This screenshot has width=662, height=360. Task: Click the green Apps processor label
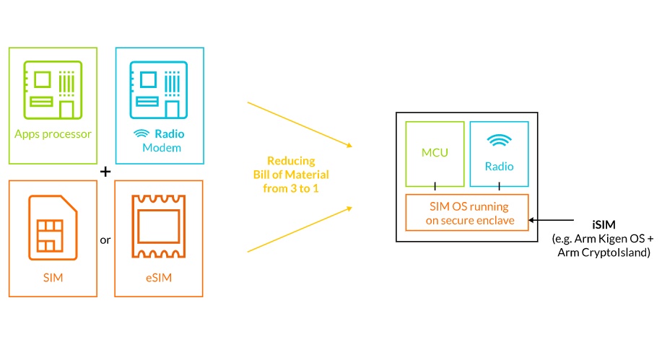point(53,134)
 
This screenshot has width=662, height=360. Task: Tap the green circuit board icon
point(53,90)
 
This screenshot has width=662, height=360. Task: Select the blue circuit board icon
point(159,90)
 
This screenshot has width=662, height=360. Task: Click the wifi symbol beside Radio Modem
point(141,133)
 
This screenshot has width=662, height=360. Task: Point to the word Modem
point(162,148)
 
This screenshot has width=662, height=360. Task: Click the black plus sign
point(105,172)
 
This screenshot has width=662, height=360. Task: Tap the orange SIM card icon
point(53,227)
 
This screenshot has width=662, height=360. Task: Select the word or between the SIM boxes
point(105,240)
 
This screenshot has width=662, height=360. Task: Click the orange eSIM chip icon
point(159,227)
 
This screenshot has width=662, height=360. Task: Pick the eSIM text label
point(159,278)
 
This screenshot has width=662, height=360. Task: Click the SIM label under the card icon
point(53,278)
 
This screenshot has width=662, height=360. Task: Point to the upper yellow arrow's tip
point(352,146)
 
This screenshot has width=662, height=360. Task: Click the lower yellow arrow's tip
point(352,208)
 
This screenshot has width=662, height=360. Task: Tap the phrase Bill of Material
point(291,175)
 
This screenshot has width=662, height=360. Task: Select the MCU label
point(435,153)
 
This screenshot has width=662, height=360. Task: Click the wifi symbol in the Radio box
point(499,140)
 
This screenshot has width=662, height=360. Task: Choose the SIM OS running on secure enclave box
point(467,213)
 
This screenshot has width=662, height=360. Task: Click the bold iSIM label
point(604,224)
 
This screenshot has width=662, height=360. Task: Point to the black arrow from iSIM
point(551,220)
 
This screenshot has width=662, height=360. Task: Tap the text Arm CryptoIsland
point(604,253)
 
